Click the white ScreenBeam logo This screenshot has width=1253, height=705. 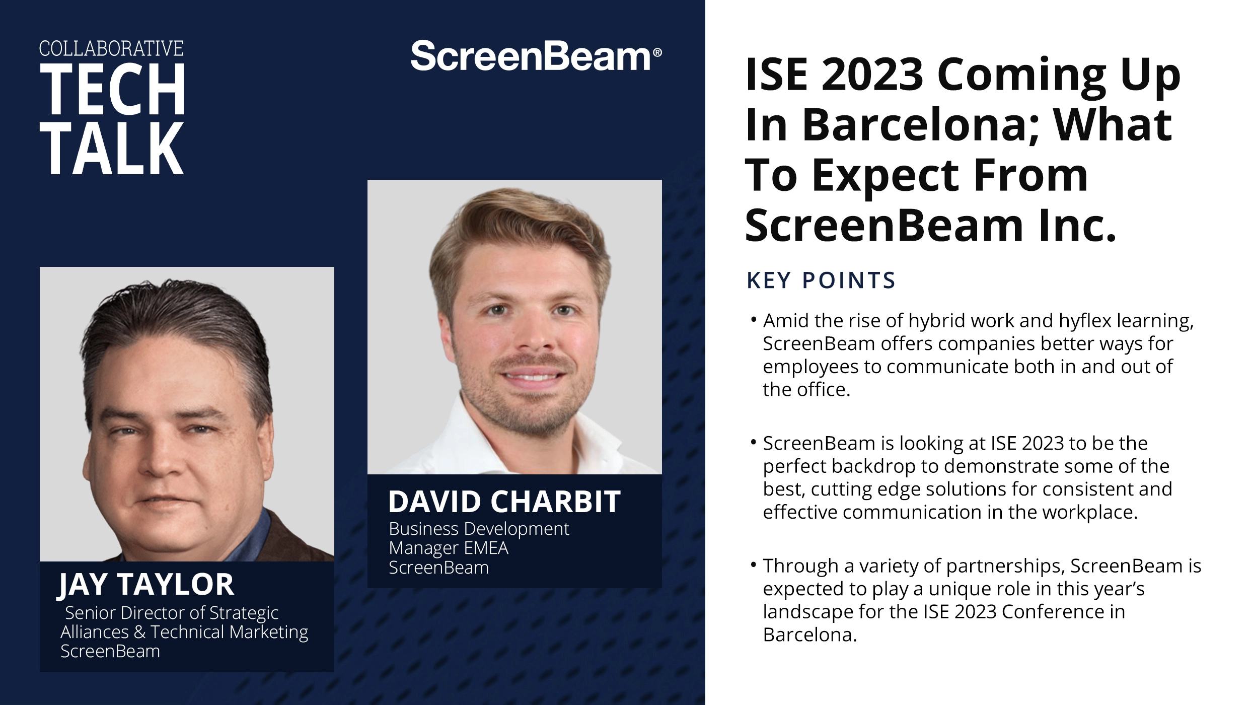click(x=531, y=56)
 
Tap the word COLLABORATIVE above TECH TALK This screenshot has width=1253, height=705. click(x=111, y=49)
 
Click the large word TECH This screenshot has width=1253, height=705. click(x=113, y=90)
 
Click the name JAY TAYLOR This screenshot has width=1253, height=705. click(x=146, y=585)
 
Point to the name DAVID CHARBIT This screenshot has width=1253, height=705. click(x=504, y=502)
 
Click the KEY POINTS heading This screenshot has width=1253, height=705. click(x=821, y=280)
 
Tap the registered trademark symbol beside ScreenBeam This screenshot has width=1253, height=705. click(x=657, y=52)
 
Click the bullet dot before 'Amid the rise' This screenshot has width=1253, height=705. click(x=754, y=319)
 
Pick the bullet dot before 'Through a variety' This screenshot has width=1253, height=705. click(x=754, y=565)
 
